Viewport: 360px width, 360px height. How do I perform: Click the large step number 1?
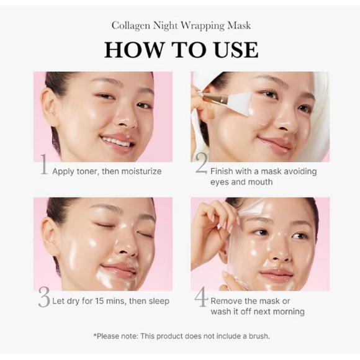[x=43, y=166]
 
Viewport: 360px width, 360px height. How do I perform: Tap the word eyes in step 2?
[x=222, y=182]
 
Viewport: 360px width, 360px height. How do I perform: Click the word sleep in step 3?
[x=158, y=301]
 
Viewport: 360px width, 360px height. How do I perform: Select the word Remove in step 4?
[x=227, y=301]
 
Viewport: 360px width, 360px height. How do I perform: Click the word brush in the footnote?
[x=254, y=336]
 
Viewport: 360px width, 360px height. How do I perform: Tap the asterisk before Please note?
[x=96, y=335]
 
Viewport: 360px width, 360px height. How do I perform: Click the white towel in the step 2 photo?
[x=317, y=124]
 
